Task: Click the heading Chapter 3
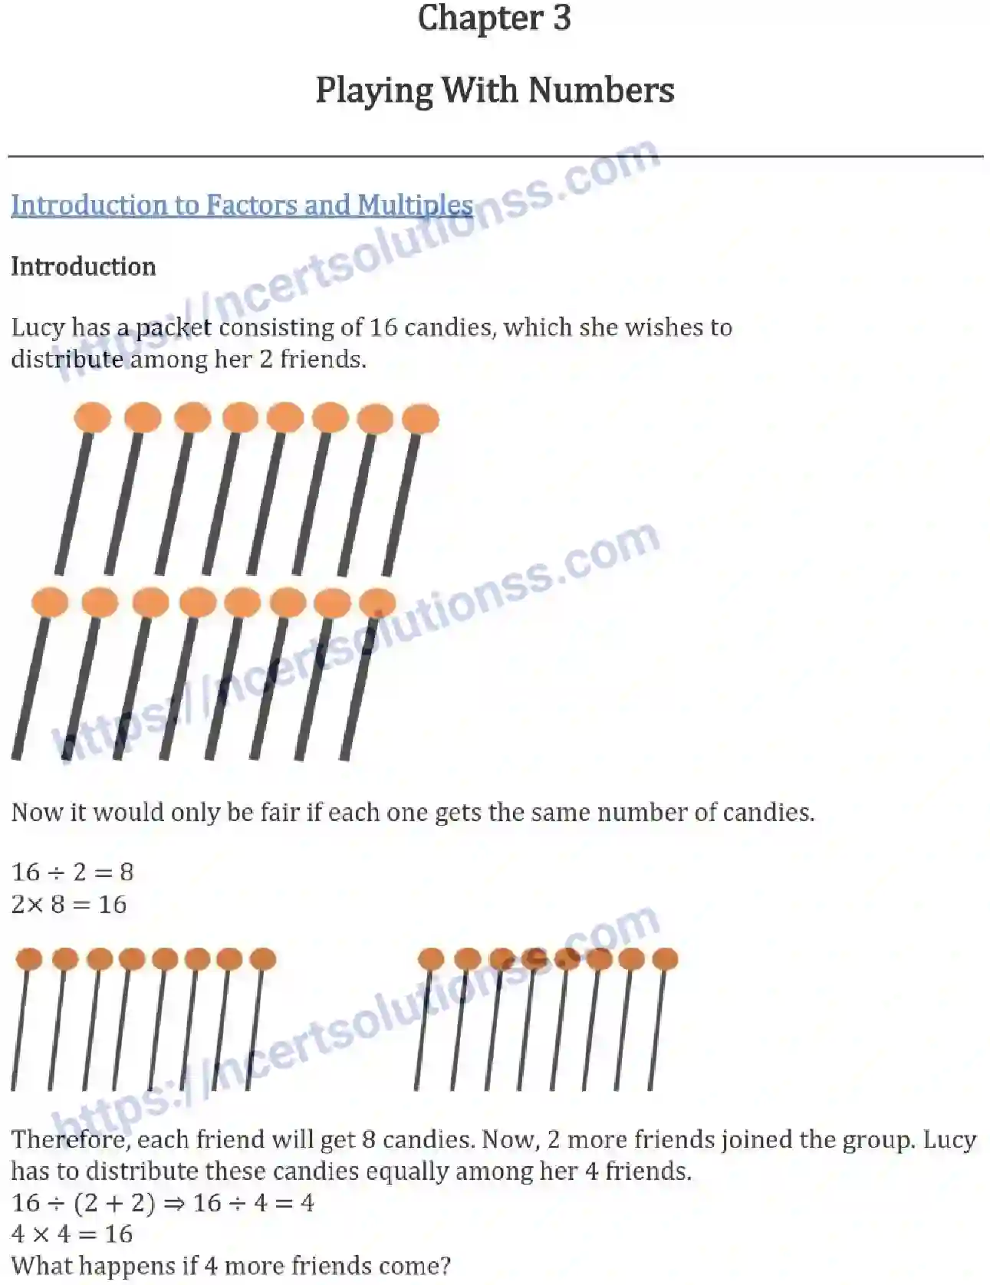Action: [x=495, y=18]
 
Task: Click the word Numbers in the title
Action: [x=600, y=90]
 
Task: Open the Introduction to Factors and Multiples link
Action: [x=242, y=205]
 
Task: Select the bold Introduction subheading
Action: [x=83, y=267]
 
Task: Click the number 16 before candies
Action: [x=383, y=328]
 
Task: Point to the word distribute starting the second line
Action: [x=66, y=360]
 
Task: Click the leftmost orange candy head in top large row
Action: [x=93, y=418]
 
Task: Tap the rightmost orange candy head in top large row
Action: [x=420, y=419]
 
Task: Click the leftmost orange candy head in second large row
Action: [x=50, y=603]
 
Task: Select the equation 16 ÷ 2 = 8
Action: [x=72, y=872]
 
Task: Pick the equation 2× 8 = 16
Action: [x=68, y=905]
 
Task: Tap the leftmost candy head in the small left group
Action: [x=29, y=958]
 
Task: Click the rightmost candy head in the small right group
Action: [x=664, y=958]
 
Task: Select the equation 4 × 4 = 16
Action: [x=72, y=1234]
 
